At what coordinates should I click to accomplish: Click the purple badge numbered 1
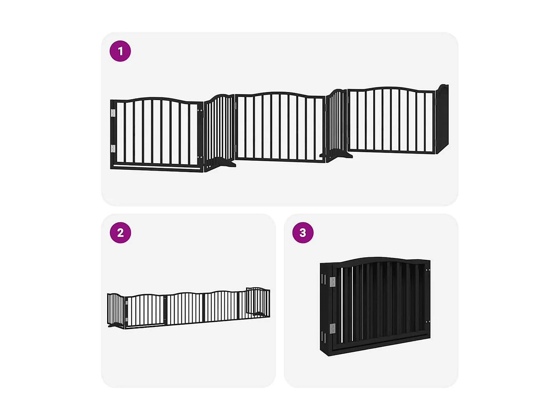click(120, 51)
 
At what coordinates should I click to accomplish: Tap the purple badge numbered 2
click(120, 233)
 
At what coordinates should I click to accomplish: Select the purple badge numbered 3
click(303, 233)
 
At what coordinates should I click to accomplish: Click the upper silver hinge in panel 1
click(113, 113)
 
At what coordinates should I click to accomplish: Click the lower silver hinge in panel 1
click(113, 149)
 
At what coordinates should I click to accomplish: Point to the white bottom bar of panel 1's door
click(157, 166)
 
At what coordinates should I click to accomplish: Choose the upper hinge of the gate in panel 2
click(127, 303)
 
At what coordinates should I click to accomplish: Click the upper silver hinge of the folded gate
click(332, 282)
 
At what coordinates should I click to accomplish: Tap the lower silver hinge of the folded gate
click(332, 329)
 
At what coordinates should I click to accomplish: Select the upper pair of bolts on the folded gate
click(428, 270)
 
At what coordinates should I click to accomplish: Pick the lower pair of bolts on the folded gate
click(428, 322)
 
